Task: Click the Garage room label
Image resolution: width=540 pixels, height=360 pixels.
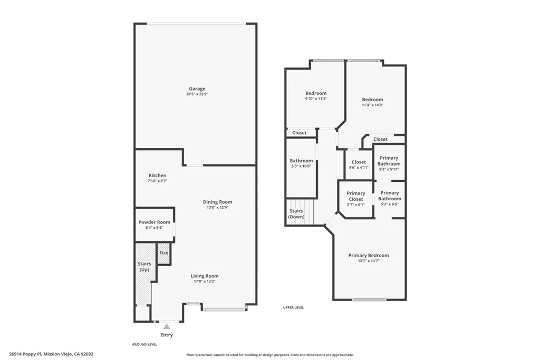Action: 197,89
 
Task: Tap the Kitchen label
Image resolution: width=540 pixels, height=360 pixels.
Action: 157,176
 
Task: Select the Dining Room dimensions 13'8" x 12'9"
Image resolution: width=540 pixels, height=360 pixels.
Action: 218,208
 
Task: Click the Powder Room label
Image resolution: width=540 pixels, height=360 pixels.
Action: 155,222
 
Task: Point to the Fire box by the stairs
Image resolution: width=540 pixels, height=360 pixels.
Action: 164,253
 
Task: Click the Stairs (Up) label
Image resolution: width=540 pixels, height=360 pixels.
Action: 144,267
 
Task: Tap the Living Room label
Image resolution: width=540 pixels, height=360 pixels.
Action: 205,276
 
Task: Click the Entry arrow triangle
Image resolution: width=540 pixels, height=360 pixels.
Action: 167,327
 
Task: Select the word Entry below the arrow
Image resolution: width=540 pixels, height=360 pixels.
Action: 166,335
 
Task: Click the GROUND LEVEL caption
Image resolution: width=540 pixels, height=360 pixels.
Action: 144,345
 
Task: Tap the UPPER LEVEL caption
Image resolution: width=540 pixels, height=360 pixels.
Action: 293,308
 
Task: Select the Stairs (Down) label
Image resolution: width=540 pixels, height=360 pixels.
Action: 296,214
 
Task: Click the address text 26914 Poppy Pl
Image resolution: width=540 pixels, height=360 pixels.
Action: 32,355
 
